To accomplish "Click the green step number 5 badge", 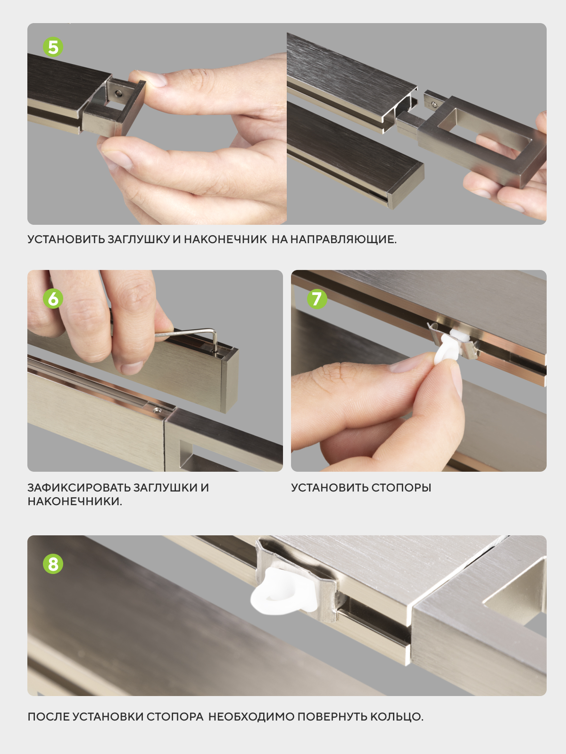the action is [x=53, y=47].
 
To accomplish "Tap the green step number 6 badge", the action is [x=53, y=298].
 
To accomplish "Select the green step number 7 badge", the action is [x=317, y=298].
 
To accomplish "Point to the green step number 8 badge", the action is [x=53, y=564].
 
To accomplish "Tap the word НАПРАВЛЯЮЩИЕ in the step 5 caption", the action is [x=343, y=239].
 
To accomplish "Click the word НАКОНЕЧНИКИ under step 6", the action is [x=75, y=501].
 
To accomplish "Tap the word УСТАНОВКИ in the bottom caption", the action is [x=175, y=717].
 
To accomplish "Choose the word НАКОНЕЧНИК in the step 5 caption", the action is [x=225, y=239].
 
